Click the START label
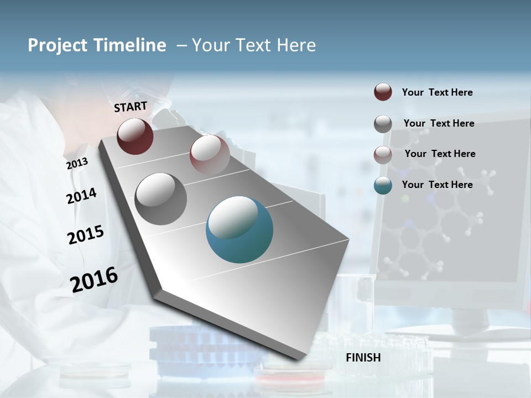[131, 107]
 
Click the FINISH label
[363, 357]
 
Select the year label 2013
[77, 163]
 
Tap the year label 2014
[82, 196]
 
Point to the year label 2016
[94, 279]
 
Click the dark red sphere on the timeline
[135, 136]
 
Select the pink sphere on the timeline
[210, 155]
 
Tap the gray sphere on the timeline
[161, 199]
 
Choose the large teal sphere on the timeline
[240, 229]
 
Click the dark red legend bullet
[383, 92]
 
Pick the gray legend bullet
[383, 124]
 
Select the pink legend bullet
[383, 154]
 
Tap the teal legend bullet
[383, 185]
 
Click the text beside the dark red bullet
[438, 92]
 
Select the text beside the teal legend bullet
[438, 185]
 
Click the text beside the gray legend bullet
[439, 123]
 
